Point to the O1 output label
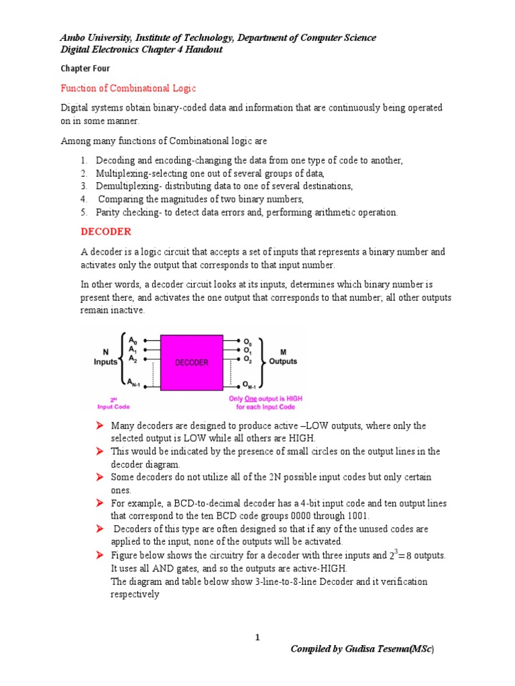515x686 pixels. click(247, 350)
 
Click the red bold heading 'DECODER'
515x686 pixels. click(106, 232)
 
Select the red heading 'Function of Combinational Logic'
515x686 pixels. click(128, 88)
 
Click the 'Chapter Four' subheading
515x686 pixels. click(85, 68)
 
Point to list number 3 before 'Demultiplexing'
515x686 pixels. click(84, 186)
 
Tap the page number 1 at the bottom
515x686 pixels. click(257, 637)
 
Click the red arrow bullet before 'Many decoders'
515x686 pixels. click(99, 426)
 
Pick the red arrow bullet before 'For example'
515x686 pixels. click(99, 503)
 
